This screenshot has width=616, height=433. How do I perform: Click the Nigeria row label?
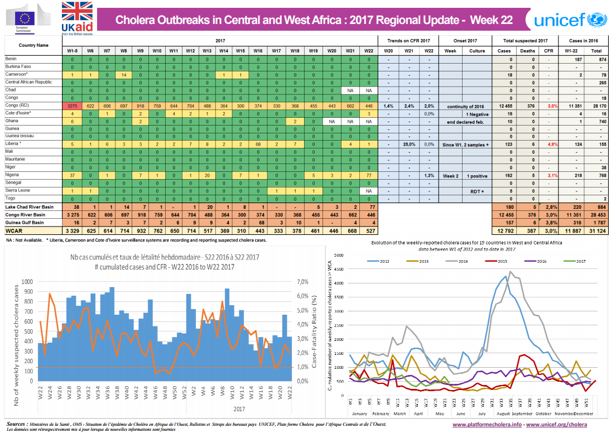pos(12,175)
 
